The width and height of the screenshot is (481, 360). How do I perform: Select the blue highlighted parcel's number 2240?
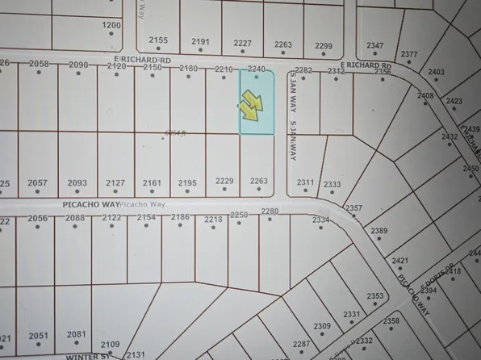[x=257, y=69]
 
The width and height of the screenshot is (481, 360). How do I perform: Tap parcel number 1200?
[x=111, y=26]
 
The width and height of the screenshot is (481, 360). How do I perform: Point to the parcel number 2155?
[x=158, y=40]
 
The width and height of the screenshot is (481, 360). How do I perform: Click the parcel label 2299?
[x=323, y=45]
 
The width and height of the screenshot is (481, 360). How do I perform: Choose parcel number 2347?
[x=375, y=45]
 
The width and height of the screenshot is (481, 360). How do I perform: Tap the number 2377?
[x=409, y=55]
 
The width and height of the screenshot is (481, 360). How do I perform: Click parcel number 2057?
[x=37, y=183]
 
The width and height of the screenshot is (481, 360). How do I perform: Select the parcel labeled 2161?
[x=152, y=183]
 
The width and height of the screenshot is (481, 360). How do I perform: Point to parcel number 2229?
[x=224, y=182]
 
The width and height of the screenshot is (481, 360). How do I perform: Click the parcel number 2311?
[x=305, y=182]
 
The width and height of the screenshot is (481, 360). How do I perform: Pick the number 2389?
[x=379, y=232]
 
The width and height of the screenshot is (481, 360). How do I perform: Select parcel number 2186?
[x=180, y=217]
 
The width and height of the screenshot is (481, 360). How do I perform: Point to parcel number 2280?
[x=270, y=211]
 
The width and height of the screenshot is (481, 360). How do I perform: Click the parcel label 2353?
[x=374, y=296]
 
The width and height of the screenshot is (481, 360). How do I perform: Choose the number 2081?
[x=77, y=334]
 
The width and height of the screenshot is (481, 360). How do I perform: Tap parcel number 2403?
[x=436, y=73]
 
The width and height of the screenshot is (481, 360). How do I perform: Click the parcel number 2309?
[x=322, y=326]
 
